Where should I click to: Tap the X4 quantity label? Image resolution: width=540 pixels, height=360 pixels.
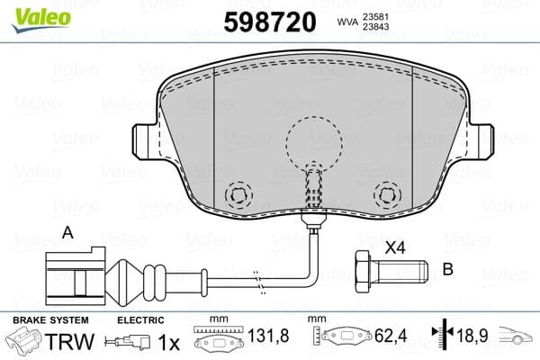(x=394, y=245)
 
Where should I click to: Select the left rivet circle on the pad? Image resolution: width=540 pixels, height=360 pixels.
(x=239, y=194)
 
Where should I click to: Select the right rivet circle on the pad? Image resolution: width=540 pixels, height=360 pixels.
(x=386, y=194)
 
